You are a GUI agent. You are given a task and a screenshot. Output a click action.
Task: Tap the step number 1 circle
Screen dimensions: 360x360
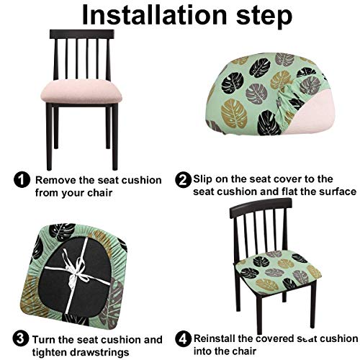(23, 179)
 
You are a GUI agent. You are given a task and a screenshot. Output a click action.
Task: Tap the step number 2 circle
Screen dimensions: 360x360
(183, 179)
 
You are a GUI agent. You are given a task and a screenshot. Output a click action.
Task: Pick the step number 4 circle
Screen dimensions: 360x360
(183, 339)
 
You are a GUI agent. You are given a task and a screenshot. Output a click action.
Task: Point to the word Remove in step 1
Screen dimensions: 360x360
(55, 179)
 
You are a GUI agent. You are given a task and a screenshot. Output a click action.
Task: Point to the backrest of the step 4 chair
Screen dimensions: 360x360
(261, 223)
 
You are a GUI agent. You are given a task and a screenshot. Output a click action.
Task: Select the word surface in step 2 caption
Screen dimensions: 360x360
(336, 192)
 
